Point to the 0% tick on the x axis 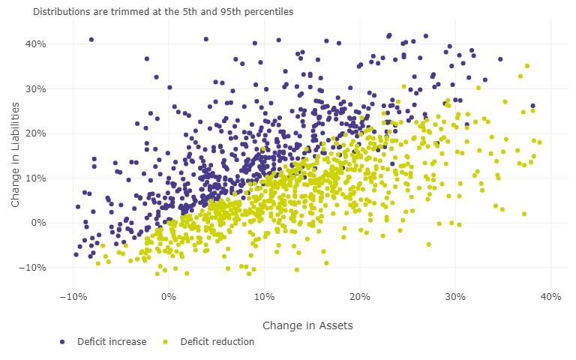point(168,297)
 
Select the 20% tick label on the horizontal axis point(359,297)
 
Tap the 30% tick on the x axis point(455,297)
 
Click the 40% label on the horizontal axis point(550,297)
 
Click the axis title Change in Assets point(307,325)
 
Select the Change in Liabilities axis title point(16,156)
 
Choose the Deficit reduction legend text point(217,342)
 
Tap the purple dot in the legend point(63,342)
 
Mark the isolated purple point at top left point(91,40)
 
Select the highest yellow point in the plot point(526,66)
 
